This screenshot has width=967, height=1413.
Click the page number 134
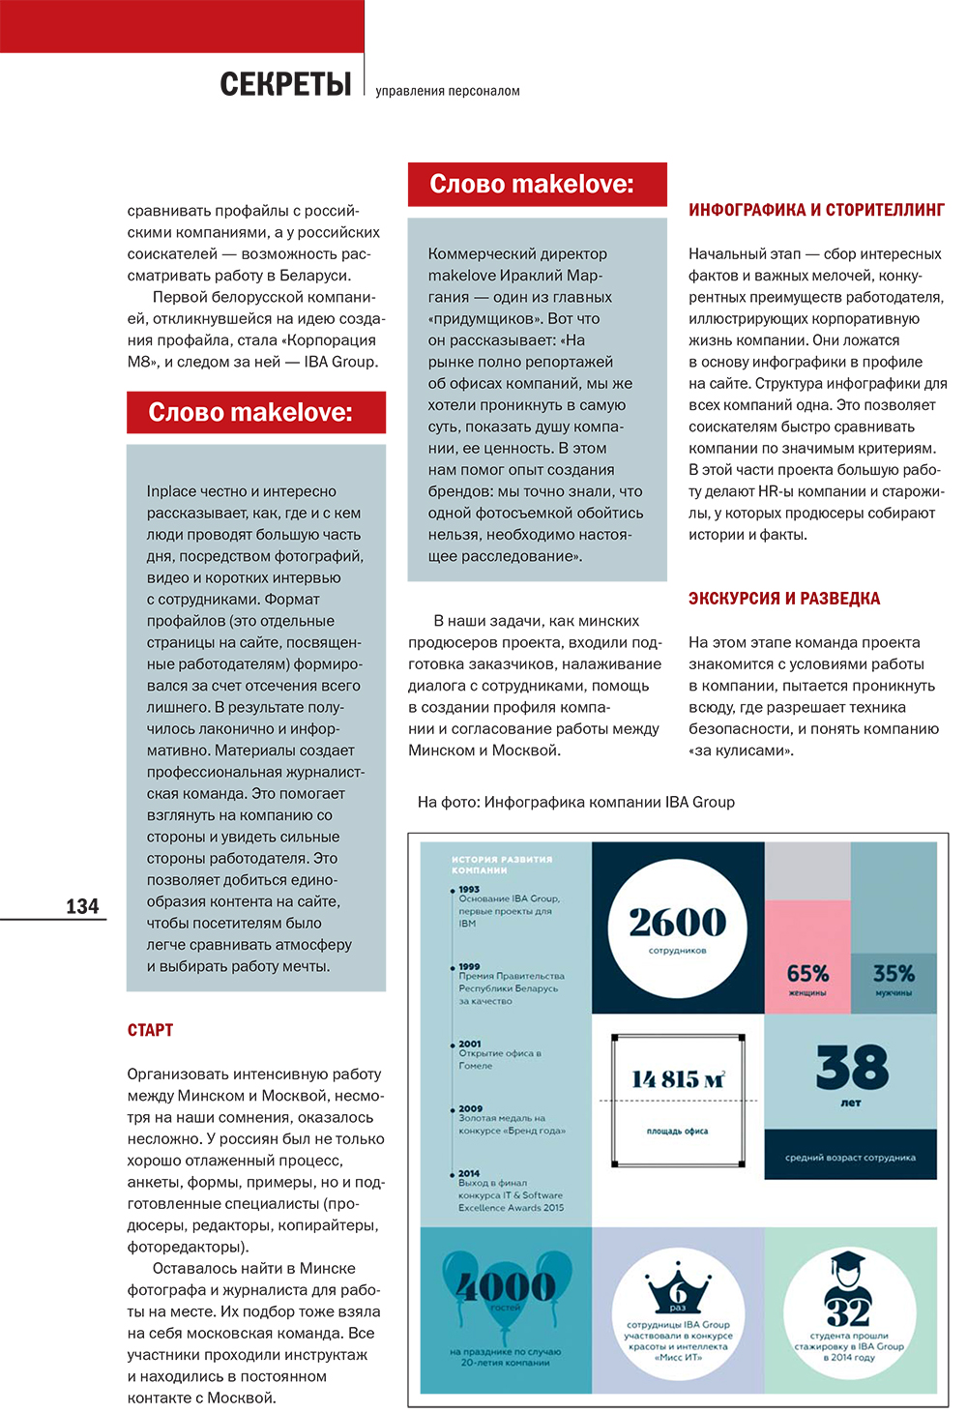tap(82, 906)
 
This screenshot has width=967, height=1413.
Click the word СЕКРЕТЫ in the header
tap(285, 85)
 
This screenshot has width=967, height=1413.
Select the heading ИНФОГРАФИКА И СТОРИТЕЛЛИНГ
tap(816, 210)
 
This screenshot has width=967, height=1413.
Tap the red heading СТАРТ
tap(150, 1030)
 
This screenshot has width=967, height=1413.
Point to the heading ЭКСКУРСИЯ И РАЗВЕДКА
tap(783, 599)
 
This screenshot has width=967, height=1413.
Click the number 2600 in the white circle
tap(677, 923)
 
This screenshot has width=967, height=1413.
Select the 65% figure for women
tap(807, 973)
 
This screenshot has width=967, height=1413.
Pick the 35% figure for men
tap(893, 973)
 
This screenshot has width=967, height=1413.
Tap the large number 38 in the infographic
tap(851, 1068)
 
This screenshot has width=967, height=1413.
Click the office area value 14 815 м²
tap(678, 1079)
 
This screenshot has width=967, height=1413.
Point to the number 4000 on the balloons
tap(505, 1286)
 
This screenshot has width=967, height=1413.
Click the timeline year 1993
tap(469, 889)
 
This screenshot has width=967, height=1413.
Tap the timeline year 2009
tap(470, 1108)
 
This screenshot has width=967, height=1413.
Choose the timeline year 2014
tap(469, 1173)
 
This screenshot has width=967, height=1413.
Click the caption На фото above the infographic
tap(575, 802)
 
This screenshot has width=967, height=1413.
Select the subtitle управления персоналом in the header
tap(447, 91)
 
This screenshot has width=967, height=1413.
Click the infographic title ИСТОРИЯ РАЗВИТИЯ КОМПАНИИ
tap(502, 865)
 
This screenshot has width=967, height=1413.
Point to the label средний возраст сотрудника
tap(850, 1157)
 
